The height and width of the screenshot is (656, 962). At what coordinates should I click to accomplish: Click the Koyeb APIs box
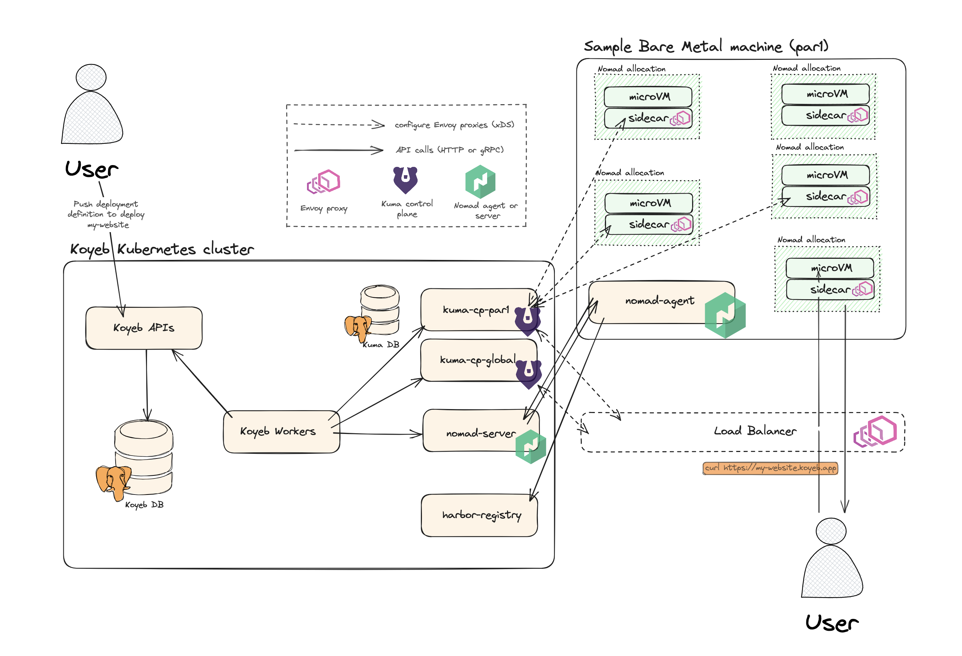(144, 328)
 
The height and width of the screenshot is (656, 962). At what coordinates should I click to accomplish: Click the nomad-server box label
(480, 434)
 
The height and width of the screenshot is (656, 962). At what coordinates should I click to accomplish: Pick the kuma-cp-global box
(476, 360)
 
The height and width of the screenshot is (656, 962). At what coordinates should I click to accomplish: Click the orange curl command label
(770, 468)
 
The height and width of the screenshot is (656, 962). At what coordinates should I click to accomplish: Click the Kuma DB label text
(381, 345)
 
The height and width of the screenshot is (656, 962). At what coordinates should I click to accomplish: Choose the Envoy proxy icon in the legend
(323, 181)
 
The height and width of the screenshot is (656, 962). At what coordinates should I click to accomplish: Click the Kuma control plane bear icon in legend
(405, 180)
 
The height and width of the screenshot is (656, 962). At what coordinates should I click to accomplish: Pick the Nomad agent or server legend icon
(480, 181)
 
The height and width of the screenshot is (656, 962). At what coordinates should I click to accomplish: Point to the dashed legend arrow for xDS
(339, 124)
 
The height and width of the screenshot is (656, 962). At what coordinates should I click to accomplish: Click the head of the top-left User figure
(91, 77)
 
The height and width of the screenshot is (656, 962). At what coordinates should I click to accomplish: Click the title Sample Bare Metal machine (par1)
(706, 46)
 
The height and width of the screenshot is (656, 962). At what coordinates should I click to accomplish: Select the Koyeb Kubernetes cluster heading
(161, 249)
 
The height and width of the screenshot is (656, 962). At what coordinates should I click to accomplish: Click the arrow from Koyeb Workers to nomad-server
(377, 434)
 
